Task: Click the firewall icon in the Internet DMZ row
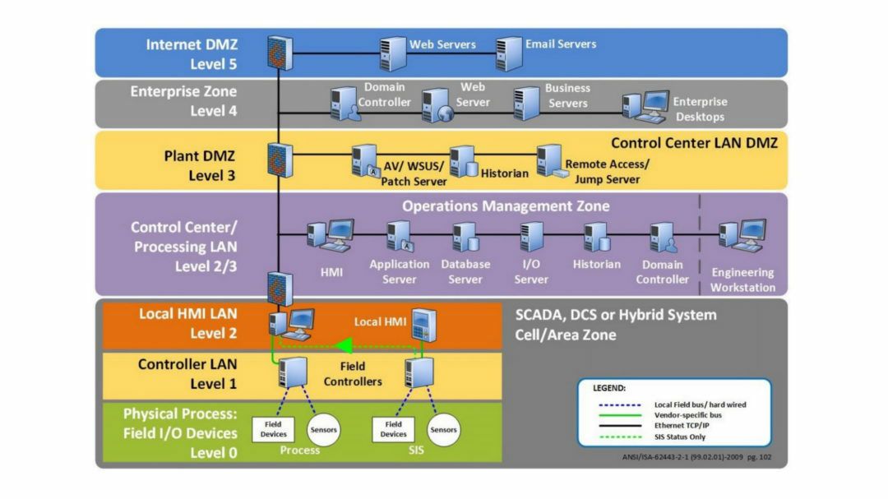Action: tap(280, 53)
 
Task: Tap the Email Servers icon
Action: tap(509, 53)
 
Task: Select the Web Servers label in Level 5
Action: tap(442, 44)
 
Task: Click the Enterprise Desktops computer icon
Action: tap(645, 107)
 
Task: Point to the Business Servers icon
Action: tap(526, 103)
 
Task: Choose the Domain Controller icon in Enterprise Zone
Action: tap(345, 103)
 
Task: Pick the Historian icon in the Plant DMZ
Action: tap(463, 161)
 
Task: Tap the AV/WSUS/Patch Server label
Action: tap(414, 173)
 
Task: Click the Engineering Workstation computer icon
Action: tap(742, 235)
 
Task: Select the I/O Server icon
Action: tap(531, 236)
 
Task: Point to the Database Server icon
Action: tap(465, 236)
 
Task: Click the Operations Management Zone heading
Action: tap(506, 206)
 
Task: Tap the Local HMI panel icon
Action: tap(424, 325)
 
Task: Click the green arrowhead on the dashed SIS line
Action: tap(345, 345)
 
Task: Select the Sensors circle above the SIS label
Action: tap(443, 429)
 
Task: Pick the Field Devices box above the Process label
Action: tap(273, 429)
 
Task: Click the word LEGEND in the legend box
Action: tap(608, 388)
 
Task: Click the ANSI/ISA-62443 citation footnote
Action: tap(696, 456)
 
